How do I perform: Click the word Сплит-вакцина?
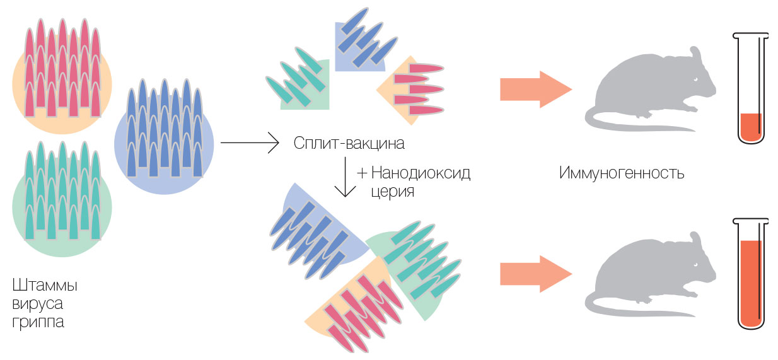(349, 144)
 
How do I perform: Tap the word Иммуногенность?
(621, 173)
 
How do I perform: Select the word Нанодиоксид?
(421, 173)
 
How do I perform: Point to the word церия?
(392, 191)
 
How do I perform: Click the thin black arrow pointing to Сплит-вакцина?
(249, 143)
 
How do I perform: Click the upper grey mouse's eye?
(696, 79)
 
